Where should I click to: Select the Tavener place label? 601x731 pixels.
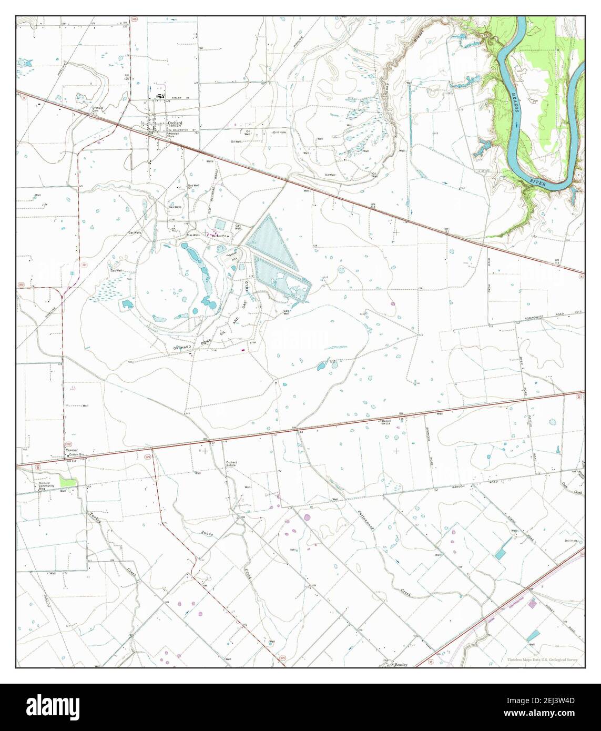71,451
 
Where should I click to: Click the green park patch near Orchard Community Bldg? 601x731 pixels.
67,481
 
